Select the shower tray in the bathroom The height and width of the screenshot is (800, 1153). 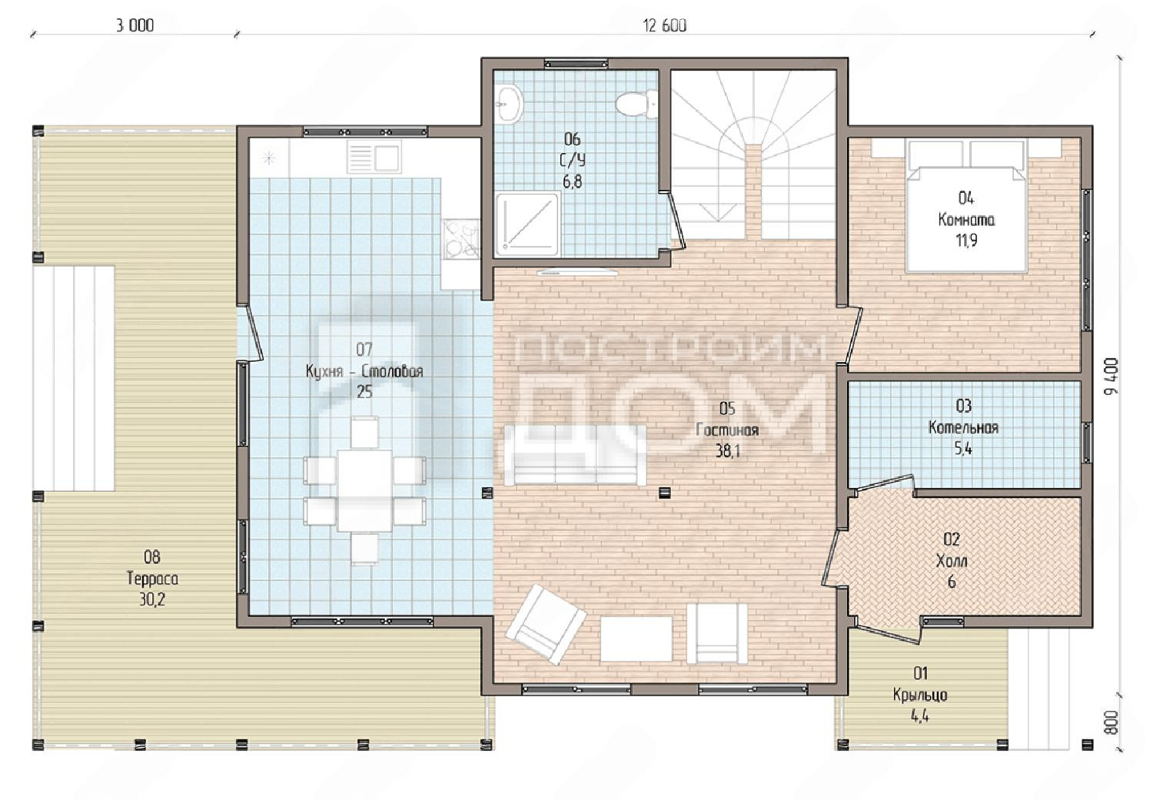tap(527, 224)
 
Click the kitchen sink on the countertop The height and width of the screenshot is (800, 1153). tap(374, 157)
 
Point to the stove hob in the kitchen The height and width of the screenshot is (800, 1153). tap(460, 239)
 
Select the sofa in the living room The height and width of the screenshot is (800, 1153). tap(575, 455)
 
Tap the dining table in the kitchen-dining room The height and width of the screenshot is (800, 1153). tap(364, 491)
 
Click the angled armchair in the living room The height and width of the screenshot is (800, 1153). tap(546, 624)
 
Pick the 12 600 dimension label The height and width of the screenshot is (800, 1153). tap(665, 25)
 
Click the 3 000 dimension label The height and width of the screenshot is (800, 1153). tap(135, 25)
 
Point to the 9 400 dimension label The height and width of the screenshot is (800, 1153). tap(1111, 377)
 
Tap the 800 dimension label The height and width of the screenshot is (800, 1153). tap(1111, 723)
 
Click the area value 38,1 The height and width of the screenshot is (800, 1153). tap(728, 451)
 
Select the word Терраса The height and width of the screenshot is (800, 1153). tap(152, 579)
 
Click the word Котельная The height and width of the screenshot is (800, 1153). tap(964, 427)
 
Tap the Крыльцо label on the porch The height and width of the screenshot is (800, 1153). tap(920, 695)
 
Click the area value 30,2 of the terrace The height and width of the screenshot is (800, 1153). tap(152, 600)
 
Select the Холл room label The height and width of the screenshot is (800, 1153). tap(952, 561)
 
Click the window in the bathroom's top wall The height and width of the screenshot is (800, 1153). tap(576, 64)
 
